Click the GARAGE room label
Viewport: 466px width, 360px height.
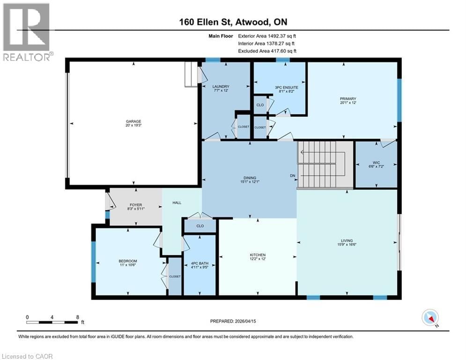[133, 121]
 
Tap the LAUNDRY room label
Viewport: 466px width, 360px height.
[220, 87]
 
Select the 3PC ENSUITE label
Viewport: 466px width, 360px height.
[282, 87]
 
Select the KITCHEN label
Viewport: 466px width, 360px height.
[258, 255]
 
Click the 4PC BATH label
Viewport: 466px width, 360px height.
[200, 264]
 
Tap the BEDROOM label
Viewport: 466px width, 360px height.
[128, 261]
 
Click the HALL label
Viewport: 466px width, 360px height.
[177, 202]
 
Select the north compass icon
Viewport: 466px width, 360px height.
[430, 317]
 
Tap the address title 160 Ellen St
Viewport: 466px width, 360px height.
[233, 22]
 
